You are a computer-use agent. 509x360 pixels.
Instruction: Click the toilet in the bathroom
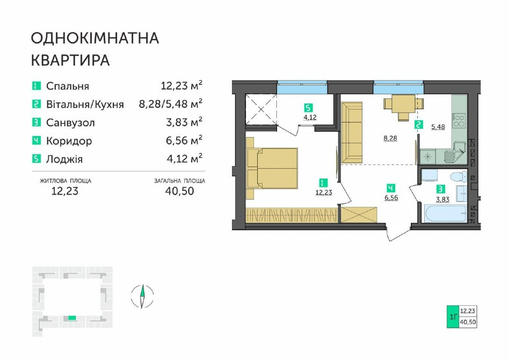tap(458, 178)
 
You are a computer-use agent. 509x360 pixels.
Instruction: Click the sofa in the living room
tap(352, 132)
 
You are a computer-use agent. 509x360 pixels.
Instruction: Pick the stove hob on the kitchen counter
tap(459, 120)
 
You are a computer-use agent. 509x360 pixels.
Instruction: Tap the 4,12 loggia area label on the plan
tap(310, 117)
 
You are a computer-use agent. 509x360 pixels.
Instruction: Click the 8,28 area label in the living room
tap(390, 139)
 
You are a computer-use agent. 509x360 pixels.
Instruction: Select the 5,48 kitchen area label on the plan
tap(438, 127)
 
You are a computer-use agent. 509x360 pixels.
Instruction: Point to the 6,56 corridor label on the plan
tap(391, 198)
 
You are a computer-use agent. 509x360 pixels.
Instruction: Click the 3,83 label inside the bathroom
tap(442, 199)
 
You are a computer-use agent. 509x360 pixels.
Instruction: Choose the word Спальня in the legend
tap(68, 87)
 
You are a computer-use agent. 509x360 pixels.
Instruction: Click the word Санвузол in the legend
tap(70, 123)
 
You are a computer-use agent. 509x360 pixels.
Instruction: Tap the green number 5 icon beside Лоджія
tap(37, 159)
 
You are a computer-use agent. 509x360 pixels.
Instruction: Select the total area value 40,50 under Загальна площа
tap(179, 191)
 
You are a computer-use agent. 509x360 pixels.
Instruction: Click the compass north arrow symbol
tap(142, 296)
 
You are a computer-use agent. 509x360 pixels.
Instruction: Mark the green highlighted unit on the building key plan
tap(72, 318)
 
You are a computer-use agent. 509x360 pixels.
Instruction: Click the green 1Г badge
tap(453, 316)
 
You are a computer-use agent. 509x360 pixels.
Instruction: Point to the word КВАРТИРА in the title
tap(70, 60)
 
